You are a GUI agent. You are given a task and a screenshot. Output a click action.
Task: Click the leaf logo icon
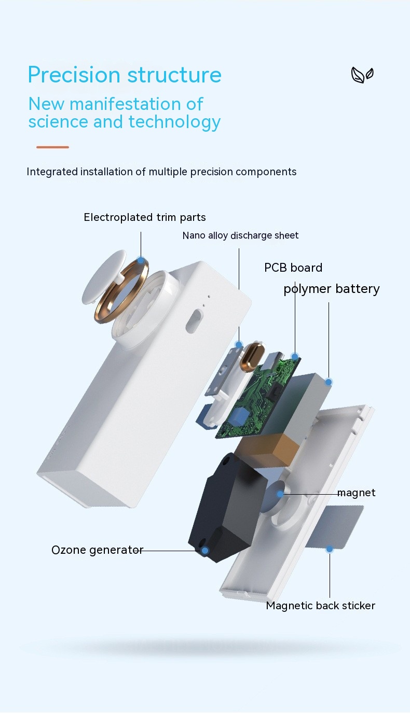tap(362, 75)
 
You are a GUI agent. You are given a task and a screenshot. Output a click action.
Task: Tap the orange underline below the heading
tap(52, 147)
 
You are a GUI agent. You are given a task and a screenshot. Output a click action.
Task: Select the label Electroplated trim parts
tap(145, 217)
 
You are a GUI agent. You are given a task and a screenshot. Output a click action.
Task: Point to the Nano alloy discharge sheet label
tap(240, 235)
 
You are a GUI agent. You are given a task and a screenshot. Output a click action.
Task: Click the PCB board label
tap(293, 268)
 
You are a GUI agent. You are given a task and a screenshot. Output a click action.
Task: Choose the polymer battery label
tap(332, 289)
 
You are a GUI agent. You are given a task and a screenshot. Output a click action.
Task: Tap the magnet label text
tap(356, 493)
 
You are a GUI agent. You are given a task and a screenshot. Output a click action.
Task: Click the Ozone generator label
tap(97, 550)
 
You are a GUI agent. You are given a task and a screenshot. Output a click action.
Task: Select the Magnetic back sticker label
tap(320, 606)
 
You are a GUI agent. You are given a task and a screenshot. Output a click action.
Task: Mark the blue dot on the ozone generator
tap(205, 551)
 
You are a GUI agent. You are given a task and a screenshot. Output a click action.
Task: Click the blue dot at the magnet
tap(280, 494)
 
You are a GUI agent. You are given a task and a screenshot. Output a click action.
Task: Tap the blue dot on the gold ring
tap(140, 260)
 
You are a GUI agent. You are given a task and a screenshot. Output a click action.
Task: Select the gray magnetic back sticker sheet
tap(332, 526)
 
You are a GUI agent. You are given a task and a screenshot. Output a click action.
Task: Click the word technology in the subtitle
tap(174, 122)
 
